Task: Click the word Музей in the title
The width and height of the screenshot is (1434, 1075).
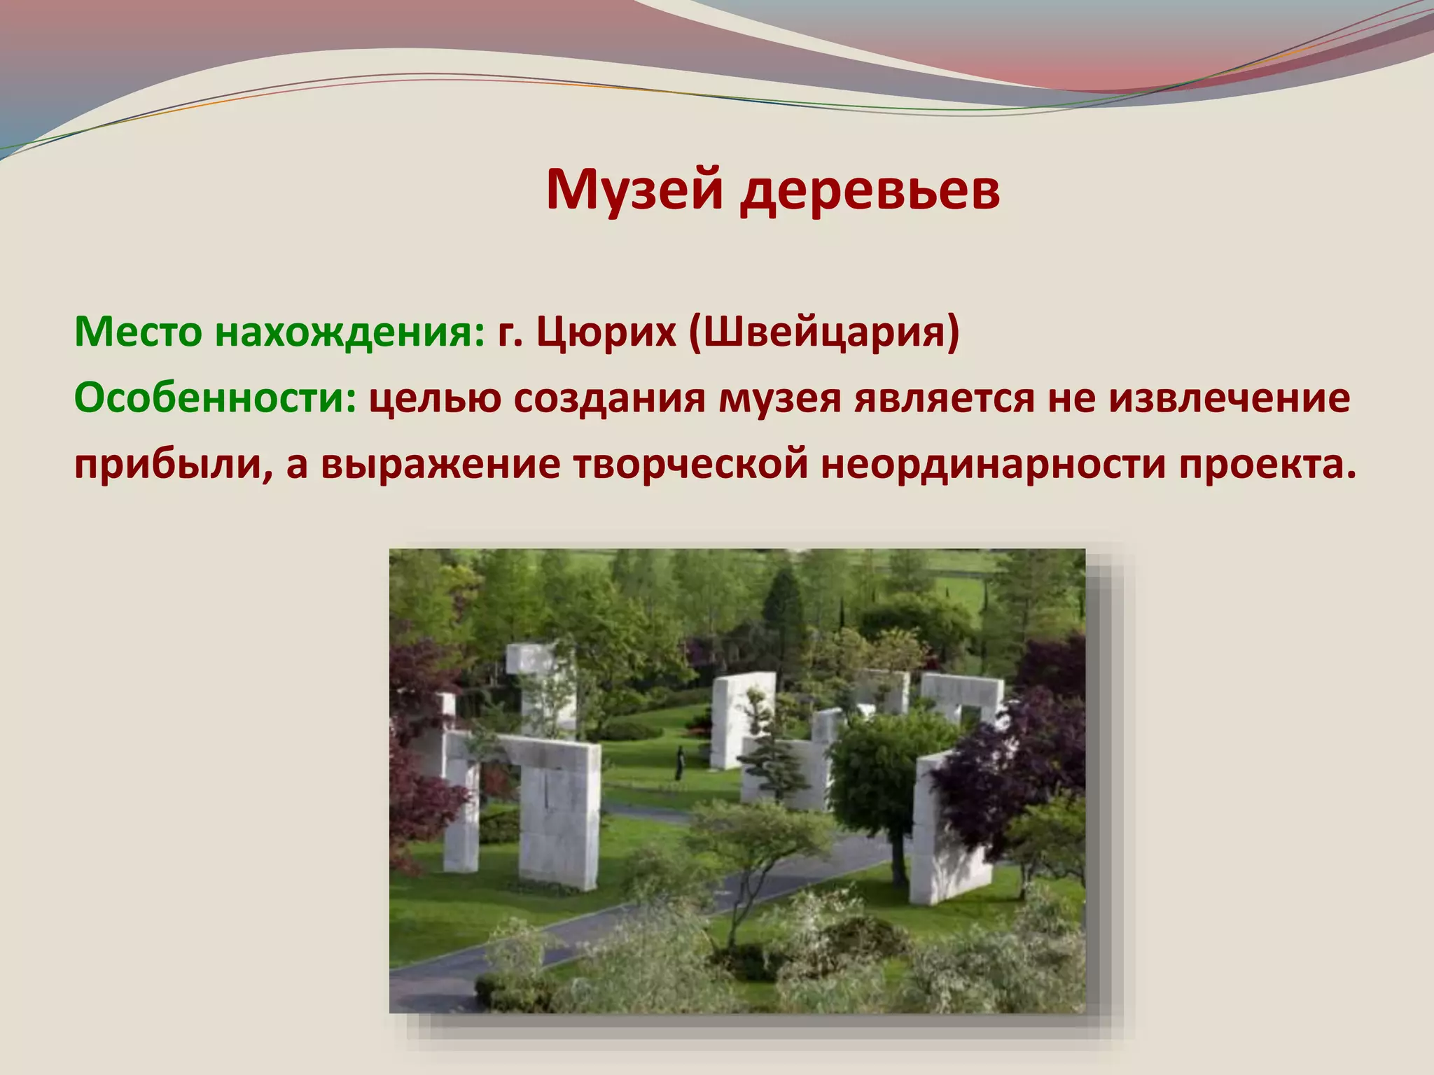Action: (634, 190)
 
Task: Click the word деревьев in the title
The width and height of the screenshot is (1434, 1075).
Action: (871, 190)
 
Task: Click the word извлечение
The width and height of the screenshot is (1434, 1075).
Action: (1230, 398)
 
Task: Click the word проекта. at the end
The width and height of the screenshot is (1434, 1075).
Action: (1267, 465)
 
